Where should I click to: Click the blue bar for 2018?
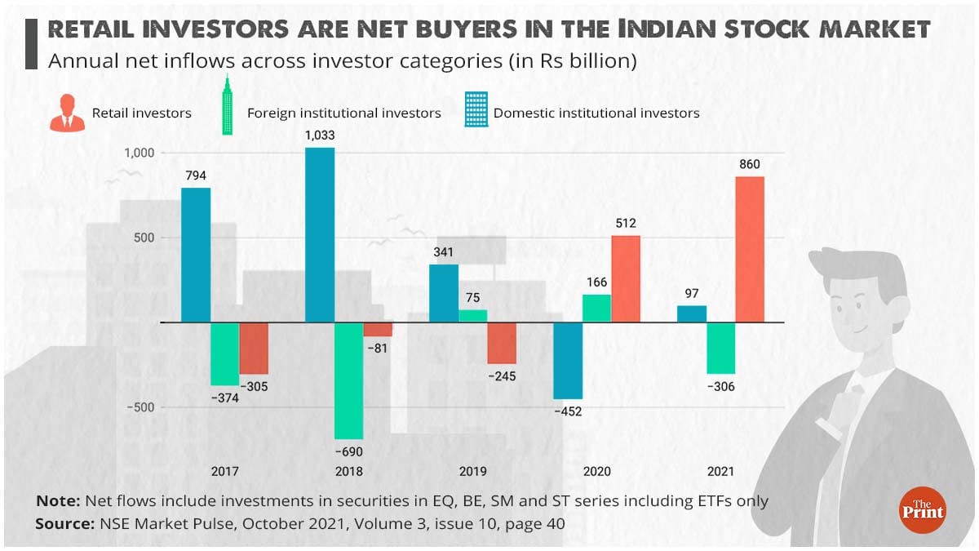tap(320, 235)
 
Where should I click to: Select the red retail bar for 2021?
tap(750, 249)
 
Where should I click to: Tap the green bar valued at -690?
tap(349, 380)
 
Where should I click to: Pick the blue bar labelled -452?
tap(568, 360)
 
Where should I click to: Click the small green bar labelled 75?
tap(473, 316)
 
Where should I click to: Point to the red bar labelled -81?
tap(378, 330)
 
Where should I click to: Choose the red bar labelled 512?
tap(626, 278)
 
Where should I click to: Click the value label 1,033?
tap(320, 136)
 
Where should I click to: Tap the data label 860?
tap(749, 165)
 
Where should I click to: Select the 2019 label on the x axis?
tap(473, 471)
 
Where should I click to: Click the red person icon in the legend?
tap(67, 112)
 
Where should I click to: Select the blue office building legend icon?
tap(476, 109)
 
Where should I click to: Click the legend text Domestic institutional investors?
tap(596, 113)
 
